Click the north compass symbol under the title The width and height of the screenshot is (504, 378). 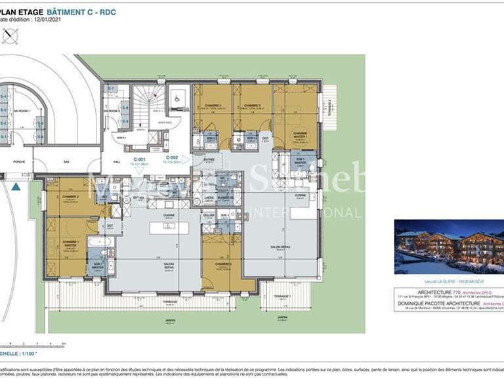(x=10, y=36)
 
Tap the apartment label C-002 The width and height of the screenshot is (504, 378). (x=172, y=158)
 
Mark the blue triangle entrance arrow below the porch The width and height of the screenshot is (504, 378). (x=16, y=186)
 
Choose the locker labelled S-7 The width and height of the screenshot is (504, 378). (x=111, y=89)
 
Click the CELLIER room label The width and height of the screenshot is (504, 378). (x=209, y=215)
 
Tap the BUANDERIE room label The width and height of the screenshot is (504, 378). (x=224, y=197)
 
